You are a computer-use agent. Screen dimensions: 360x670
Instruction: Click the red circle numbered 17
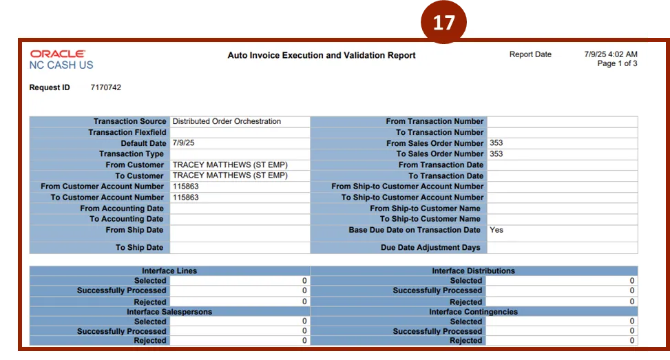(443, 23)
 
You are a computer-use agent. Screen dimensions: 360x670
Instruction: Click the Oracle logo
(58, 54)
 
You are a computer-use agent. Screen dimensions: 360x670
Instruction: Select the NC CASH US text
(61, 65)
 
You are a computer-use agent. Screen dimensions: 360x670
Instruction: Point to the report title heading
(322, 55)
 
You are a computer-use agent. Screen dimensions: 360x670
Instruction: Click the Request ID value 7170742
(106, 88)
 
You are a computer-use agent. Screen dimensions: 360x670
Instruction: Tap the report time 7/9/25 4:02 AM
(610, 54)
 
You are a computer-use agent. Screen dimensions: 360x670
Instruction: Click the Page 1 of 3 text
(617, 64)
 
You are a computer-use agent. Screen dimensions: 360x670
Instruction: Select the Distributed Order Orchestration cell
(227, 121)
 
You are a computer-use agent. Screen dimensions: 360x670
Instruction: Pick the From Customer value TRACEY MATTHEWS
(229, 165)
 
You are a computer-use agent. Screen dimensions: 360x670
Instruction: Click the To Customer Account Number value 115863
(186, 198)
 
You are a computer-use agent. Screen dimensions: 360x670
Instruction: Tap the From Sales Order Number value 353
(496, 143)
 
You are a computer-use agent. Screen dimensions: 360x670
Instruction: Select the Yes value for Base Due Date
(496, 230)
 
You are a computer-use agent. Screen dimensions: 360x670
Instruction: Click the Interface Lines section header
(169, 271)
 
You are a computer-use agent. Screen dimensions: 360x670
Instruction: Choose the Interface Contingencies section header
(473, 312)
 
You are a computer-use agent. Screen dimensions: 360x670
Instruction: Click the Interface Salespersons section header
(169, 312)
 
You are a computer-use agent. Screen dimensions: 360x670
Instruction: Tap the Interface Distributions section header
(473, 271)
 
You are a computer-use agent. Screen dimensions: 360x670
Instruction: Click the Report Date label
(530, 54)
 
